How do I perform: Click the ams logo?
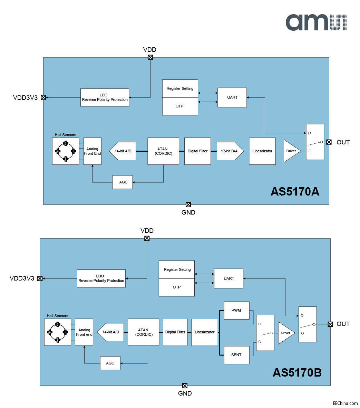point(316,22)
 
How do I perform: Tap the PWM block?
point(236,310)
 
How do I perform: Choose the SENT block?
point(236,355)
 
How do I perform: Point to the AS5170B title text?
point(297,373)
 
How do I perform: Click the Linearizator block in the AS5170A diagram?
point(262,151)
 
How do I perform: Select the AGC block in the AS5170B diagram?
point(110,363)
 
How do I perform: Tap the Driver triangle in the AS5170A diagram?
point(291,151)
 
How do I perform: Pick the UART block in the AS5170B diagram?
point(228,278)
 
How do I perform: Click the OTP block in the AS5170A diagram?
point(180,106)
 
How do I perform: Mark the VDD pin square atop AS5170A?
point(150,57)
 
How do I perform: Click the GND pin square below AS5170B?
point(185,386)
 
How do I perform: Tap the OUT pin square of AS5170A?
point(329,142)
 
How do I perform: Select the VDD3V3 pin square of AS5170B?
point(40,278)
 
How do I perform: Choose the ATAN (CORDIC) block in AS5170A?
point(163,151)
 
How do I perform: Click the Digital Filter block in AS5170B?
point(175,332)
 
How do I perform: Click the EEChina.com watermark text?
point(345,403)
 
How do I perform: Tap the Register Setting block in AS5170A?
point(180,88)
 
